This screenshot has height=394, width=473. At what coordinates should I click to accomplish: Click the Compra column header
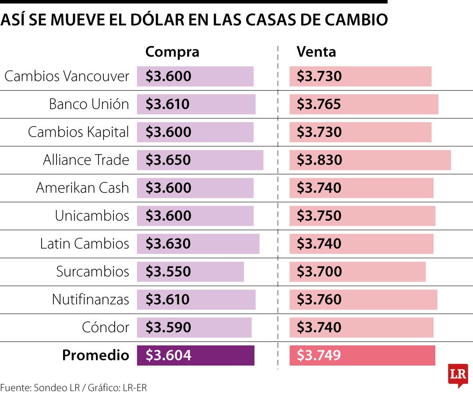coord(172,52)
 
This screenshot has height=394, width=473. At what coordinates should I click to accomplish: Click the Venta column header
coord(316,52)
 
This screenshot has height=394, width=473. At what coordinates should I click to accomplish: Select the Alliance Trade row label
coord(86,160)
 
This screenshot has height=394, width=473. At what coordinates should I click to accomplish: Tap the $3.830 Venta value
coord(319,160)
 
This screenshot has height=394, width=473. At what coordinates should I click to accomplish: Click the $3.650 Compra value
coord(168,160)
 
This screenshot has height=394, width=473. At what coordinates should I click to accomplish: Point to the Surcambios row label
coord(92,271)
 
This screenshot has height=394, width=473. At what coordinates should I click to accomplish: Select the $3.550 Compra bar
coord(190,271)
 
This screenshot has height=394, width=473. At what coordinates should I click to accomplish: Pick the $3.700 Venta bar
coord(357,271)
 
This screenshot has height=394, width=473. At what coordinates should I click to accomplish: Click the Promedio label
coord(95,355)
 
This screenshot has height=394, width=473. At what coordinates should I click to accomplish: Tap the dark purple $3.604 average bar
coord(195,355)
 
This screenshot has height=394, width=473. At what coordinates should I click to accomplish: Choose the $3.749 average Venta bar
coord(362,355)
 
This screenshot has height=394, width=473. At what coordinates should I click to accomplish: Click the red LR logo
coord(458,375)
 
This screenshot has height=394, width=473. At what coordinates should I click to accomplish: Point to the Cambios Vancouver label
coord(67,76)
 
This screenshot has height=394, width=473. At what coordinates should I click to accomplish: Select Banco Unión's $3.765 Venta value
coord(319,104)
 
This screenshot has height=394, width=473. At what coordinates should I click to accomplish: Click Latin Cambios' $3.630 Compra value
coord(168,243)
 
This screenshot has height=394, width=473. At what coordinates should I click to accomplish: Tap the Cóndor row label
coord(106,327)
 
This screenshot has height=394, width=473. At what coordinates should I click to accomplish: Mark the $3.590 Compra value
coord(168,327)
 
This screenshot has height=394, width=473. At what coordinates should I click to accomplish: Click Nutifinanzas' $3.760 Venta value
coord(319,299)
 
